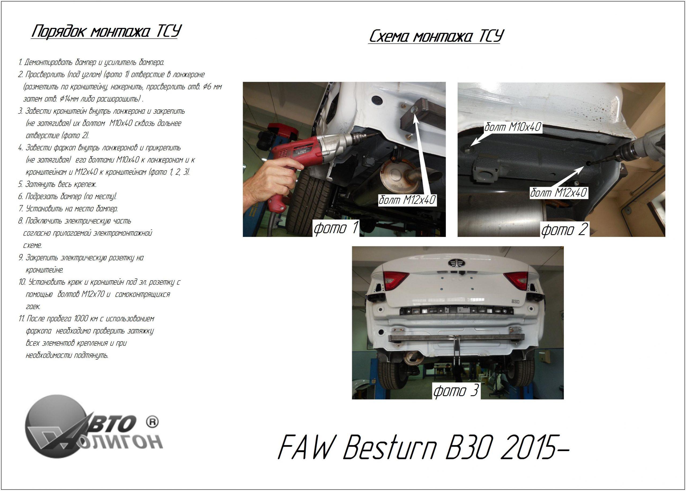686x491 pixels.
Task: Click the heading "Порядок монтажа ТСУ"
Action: [106, 32]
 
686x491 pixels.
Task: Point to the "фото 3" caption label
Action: [456, 391]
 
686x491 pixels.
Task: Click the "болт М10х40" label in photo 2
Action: [513, 127]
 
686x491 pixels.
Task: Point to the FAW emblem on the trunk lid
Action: [456, 262]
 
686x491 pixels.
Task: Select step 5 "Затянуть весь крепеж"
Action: [57, 184]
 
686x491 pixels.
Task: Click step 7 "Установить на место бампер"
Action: [68, 209]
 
